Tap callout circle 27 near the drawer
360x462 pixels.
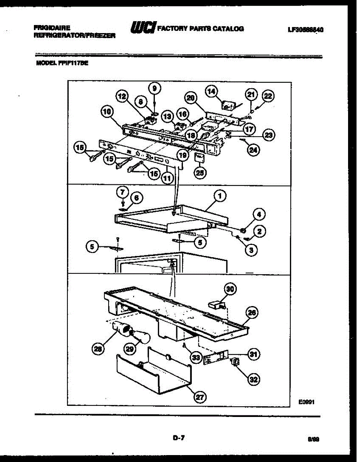tap(199, 397)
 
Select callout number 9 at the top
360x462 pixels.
tap(154, 88)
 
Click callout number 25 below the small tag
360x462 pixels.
tap(199, 172)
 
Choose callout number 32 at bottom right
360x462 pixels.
tap(253, 380)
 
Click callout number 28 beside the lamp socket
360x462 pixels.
tap(98, 349)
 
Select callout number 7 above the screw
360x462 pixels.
tap(122, 191)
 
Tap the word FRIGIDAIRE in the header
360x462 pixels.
tap(52, 28)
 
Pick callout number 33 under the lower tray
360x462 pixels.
tap(197, 358)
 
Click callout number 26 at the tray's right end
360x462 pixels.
tap(252, 313)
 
